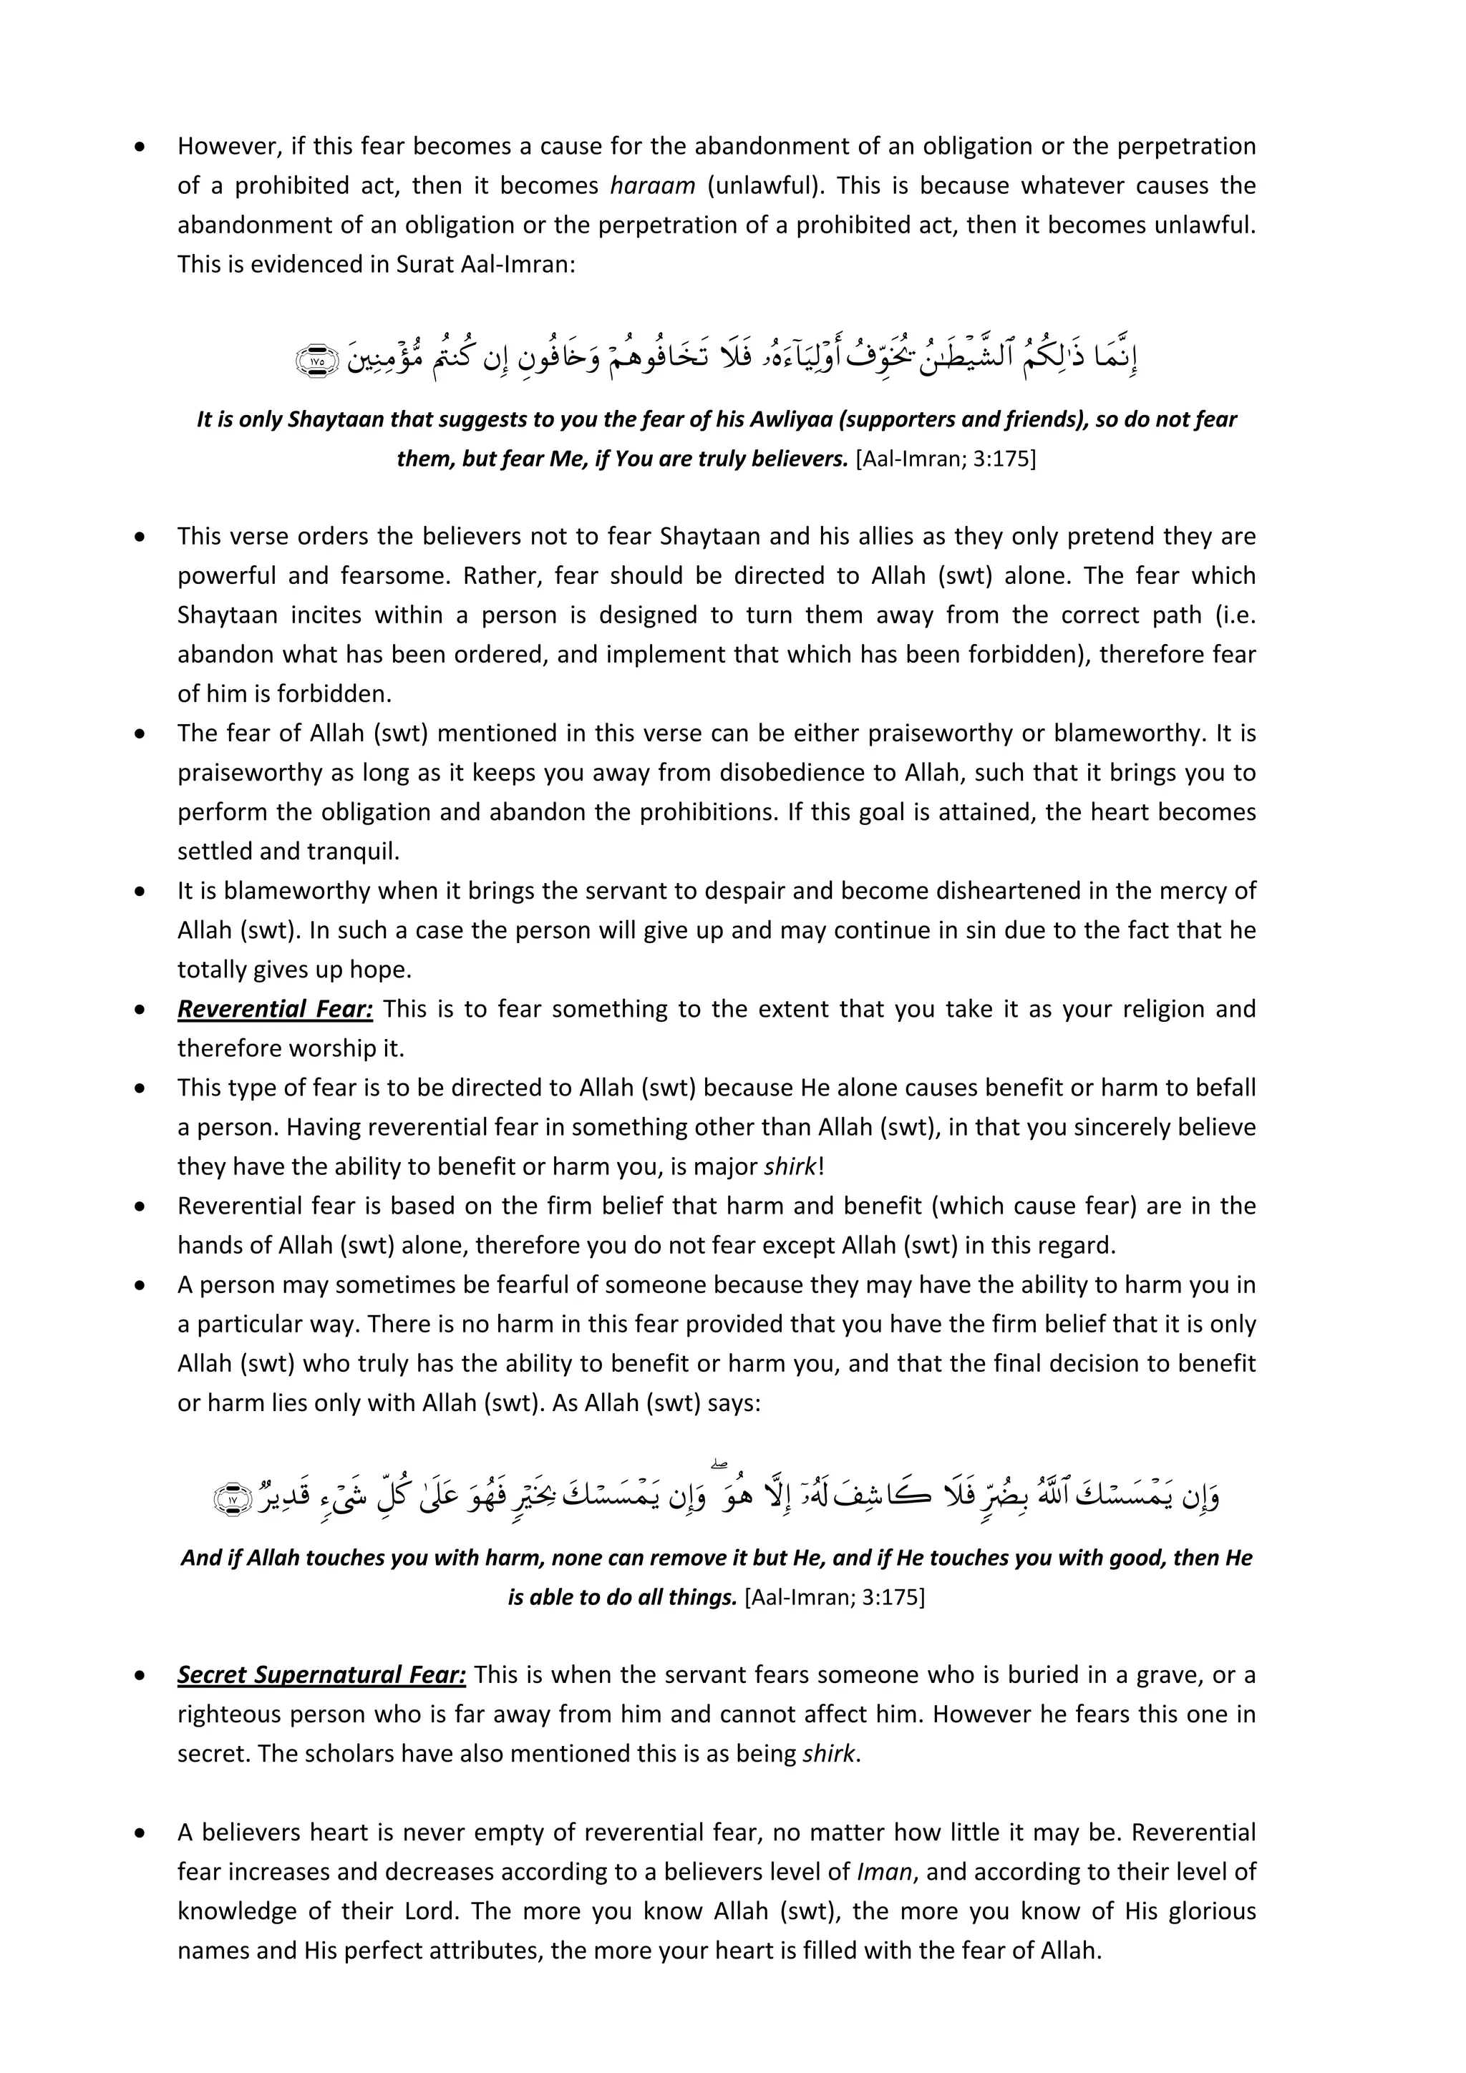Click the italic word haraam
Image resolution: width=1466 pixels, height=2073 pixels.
pos(652,186)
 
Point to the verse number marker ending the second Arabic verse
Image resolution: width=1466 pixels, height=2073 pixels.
pos(232,1500)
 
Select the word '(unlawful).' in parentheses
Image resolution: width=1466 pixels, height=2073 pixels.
pos(765,186)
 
